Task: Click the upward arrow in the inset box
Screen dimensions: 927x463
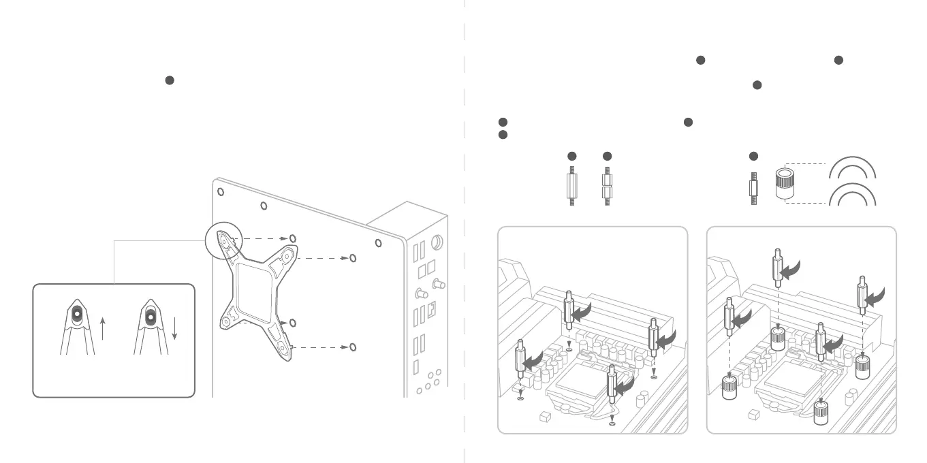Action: click(x=101, y=328)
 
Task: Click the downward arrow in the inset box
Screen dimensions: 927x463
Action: click(x=174, y=328)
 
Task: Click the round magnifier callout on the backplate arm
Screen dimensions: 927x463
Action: click(x=224, y=242)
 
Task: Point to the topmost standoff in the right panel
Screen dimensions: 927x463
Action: click(x=776, y=269)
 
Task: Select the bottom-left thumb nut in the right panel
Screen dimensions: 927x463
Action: click(x=730, y=389)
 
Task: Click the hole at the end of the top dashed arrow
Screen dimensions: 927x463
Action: click(x=292, y=238)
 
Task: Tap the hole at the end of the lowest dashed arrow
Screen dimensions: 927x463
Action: click(x=352, y=347)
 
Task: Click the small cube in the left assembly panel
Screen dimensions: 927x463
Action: click(x=544, y=414)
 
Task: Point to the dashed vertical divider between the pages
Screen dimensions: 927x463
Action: click(x=465, y=231)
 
